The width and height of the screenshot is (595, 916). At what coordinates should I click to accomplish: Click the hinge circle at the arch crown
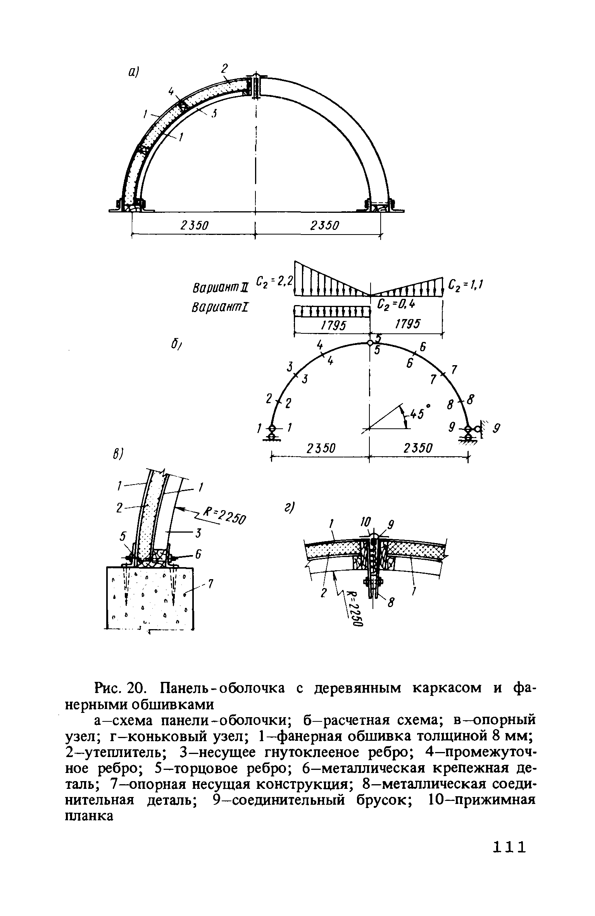point(370,343)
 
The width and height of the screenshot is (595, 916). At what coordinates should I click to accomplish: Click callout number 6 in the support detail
point(198,555)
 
